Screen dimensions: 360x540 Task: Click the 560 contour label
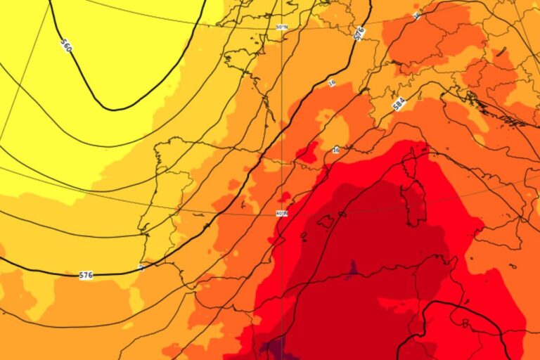[x=66, y=46]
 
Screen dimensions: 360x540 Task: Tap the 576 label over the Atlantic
[x=86, y=275]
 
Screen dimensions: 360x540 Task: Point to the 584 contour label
[x=399, y=104]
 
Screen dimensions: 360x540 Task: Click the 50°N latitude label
[x=281, y=27]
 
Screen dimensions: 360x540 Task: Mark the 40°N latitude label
[x=281, y=213]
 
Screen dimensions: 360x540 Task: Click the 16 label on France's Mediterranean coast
[x=336, y=150]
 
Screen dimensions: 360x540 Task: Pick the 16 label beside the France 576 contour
[x=332, y=83]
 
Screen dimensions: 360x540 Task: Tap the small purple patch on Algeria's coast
[x=354, y=268]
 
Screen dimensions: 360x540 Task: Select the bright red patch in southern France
[x=308, y=153]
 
